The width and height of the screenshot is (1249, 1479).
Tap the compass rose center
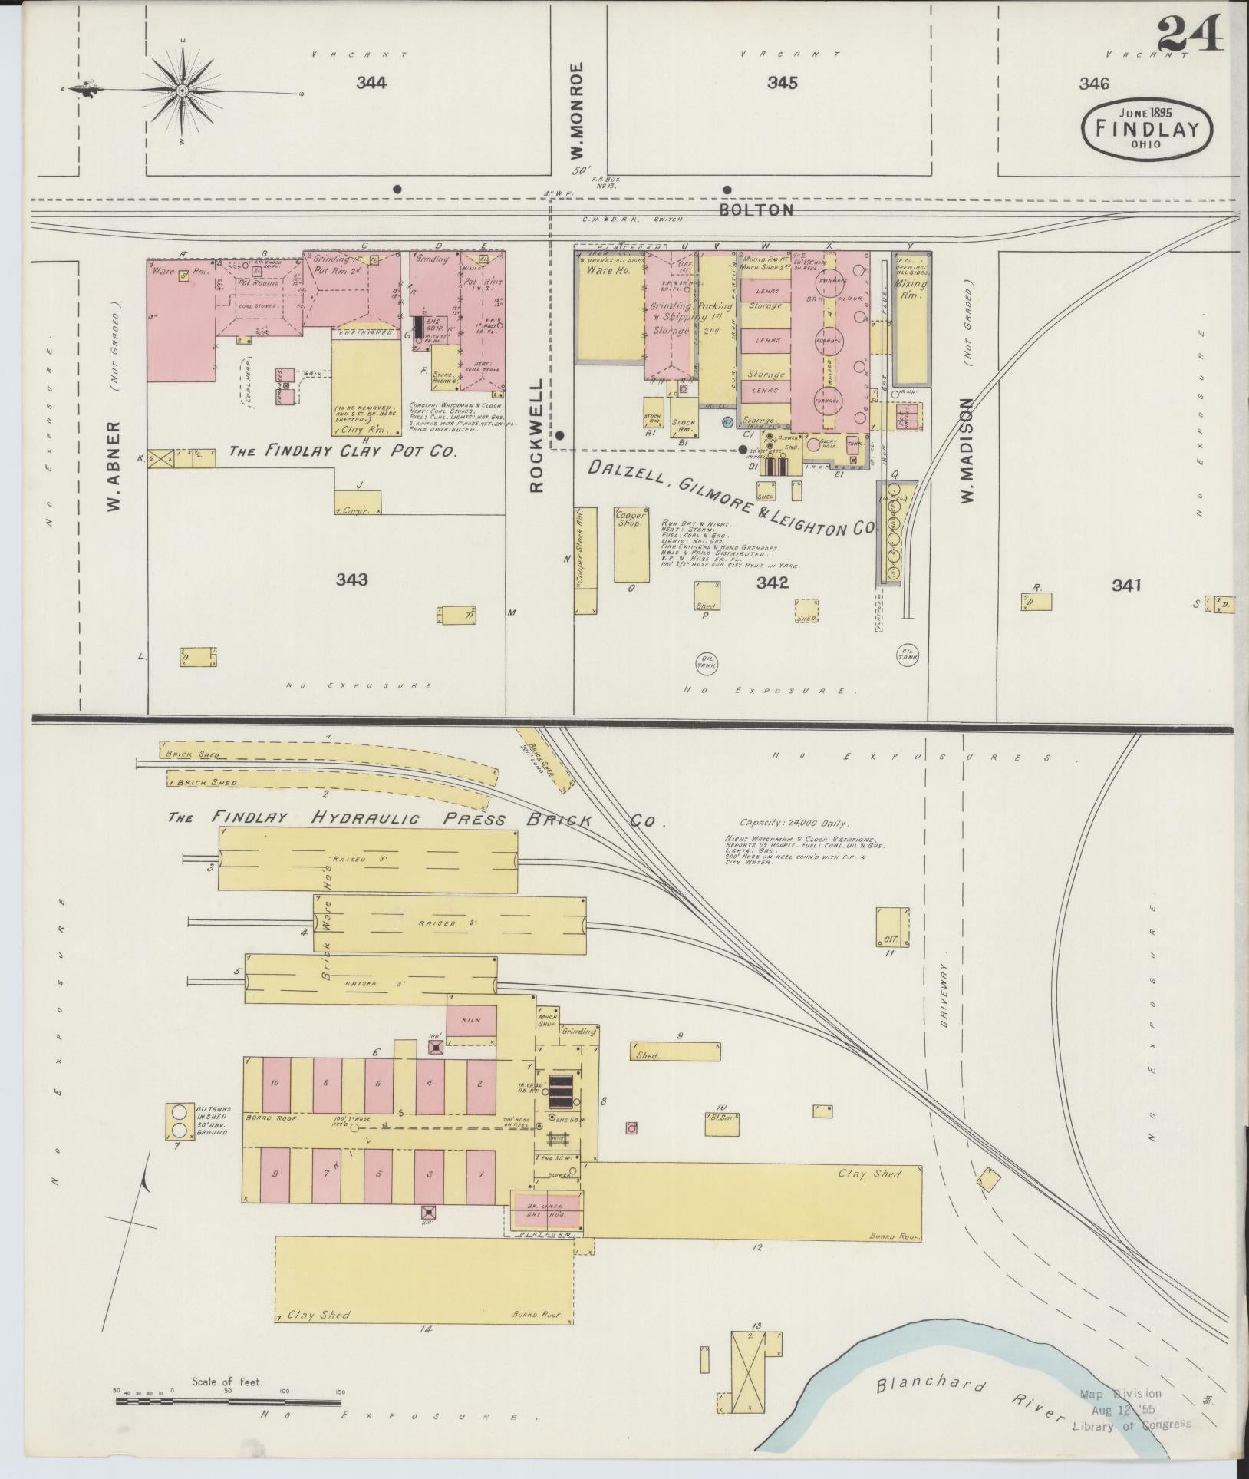click(183, 91)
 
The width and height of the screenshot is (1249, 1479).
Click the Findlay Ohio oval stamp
click(1147, 131)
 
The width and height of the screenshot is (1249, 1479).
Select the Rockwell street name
click(536, 434)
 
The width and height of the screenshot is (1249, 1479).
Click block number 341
click(1126, 586)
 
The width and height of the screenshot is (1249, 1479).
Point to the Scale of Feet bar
click(228, 1401)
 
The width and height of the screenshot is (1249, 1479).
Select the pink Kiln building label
click(470, 1020)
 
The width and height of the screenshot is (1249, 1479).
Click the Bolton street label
click(756, 209)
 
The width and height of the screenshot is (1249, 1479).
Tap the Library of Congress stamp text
click(1132, 1424)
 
